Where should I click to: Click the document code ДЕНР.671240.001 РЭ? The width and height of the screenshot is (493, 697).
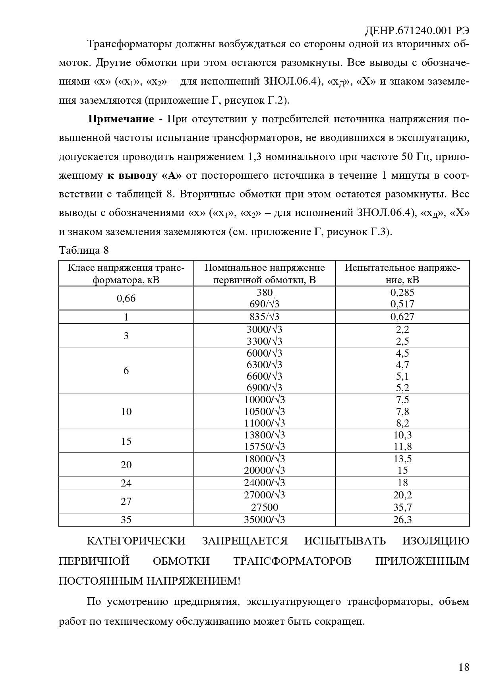[417, 31]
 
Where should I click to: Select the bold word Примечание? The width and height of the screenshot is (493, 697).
[121, 119]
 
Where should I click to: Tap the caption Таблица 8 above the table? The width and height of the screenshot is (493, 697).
[83, 250]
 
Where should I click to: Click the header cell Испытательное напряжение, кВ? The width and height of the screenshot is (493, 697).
[402, 274]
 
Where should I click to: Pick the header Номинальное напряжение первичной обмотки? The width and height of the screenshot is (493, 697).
[265, 274]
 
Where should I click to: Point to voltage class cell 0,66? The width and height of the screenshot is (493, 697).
[126, 298]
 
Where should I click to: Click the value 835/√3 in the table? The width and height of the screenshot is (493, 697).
[265, 317]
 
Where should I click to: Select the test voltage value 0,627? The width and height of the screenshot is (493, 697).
[402, 317]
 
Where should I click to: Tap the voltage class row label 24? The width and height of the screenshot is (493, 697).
[126, 483]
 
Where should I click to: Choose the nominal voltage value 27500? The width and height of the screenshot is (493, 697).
[265, 507]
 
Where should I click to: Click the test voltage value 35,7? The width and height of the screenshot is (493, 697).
[402, 507]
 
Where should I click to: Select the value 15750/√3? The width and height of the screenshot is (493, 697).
[265, 447]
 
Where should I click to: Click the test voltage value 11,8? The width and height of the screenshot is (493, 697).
[402, 447]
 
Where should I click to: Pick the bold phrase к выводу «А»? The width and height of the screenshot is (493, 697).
[144, 176]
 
